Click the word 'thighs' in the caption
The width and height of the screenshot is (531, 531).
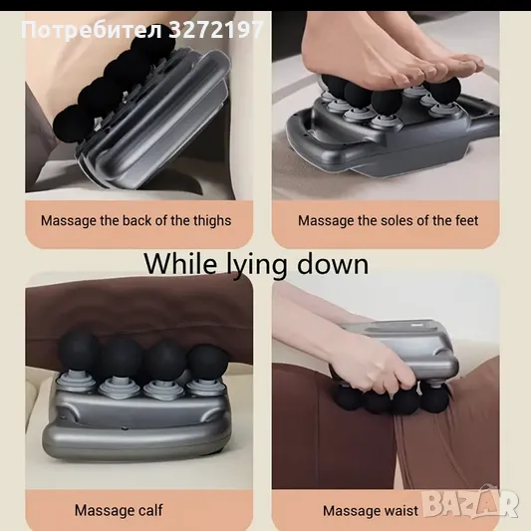point(212,221)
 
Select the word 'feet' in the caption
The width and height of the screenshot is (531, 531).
point(466,221)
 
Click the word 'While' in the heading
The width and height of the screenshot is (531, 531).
point(179,263)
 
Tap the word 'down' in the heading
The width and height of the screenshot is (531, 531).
point(333,263)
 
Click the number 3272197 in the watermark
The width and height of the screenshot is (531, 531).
point(216,30)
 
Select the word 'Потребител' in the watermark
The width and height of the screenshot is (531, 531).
point(92,30)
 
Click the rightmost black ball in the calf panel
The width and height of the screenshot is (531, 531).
point(207,364)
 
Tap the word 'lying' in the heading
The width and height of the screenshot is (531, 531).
point(256,266)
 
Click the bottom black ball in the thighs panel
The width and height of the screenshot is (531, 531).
point(71,125)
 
